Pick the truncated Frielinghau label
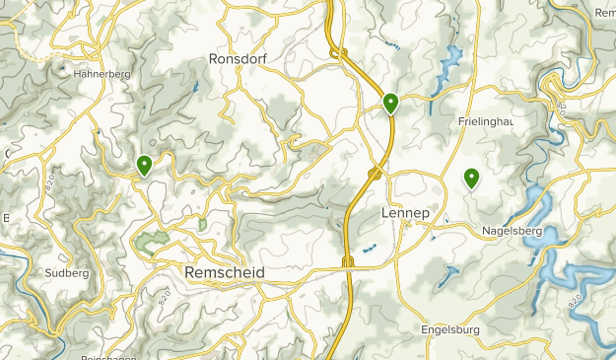(486, 121)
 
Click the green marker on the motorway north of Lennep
(391, 103)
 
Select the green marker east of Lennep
(472, 178)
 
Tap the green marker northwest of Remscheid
(145, 165)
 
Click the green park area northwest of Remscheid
(151, 242)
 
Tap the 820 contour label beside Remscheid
(164, 297)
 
